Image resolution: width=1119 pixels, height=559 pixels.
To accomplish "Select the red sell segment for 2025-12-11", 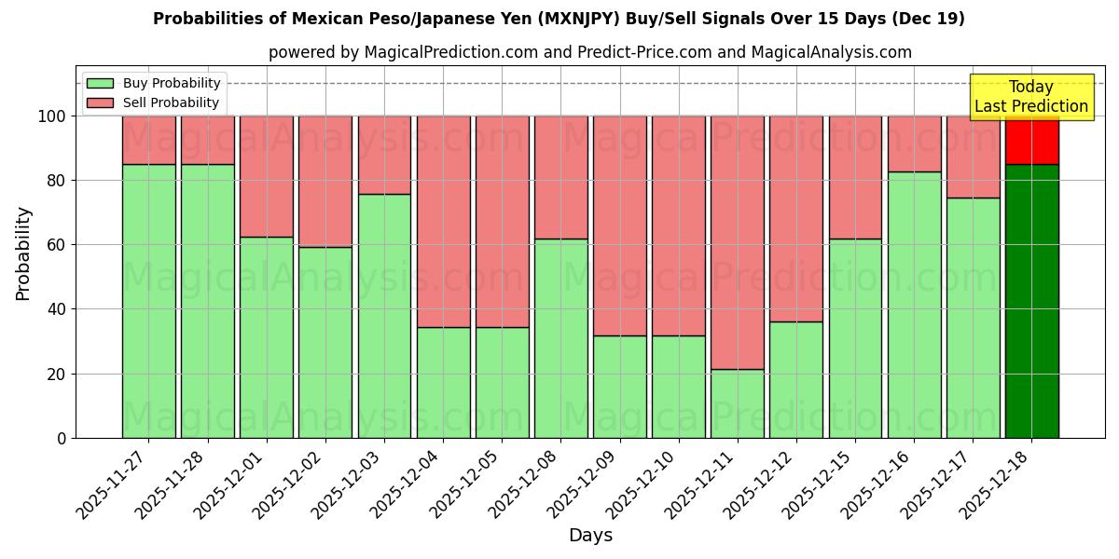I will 738,242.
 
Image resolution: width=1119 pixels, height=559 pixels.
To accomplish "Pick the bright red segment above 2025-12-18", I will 1031,140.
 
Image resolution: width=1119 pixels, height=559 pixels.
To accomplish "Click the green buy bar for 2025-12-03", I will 384,316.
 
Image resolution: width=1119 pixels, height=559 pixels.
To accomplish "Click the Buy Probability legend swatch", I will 100,83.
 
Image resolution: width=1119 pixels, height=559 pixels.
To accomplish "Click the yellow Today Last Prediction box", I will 1031,97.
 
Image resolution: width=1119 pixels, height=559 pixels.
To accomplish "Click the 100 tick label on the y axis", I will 51,116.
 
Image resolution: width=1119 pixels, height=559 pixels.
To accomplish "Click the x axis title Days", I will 590,536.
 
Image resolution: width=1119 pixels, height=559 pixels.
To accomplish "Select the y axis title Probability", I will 23,252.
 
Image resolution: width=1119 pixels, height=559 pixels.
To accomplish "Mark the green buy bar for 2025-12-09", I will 619,387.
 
